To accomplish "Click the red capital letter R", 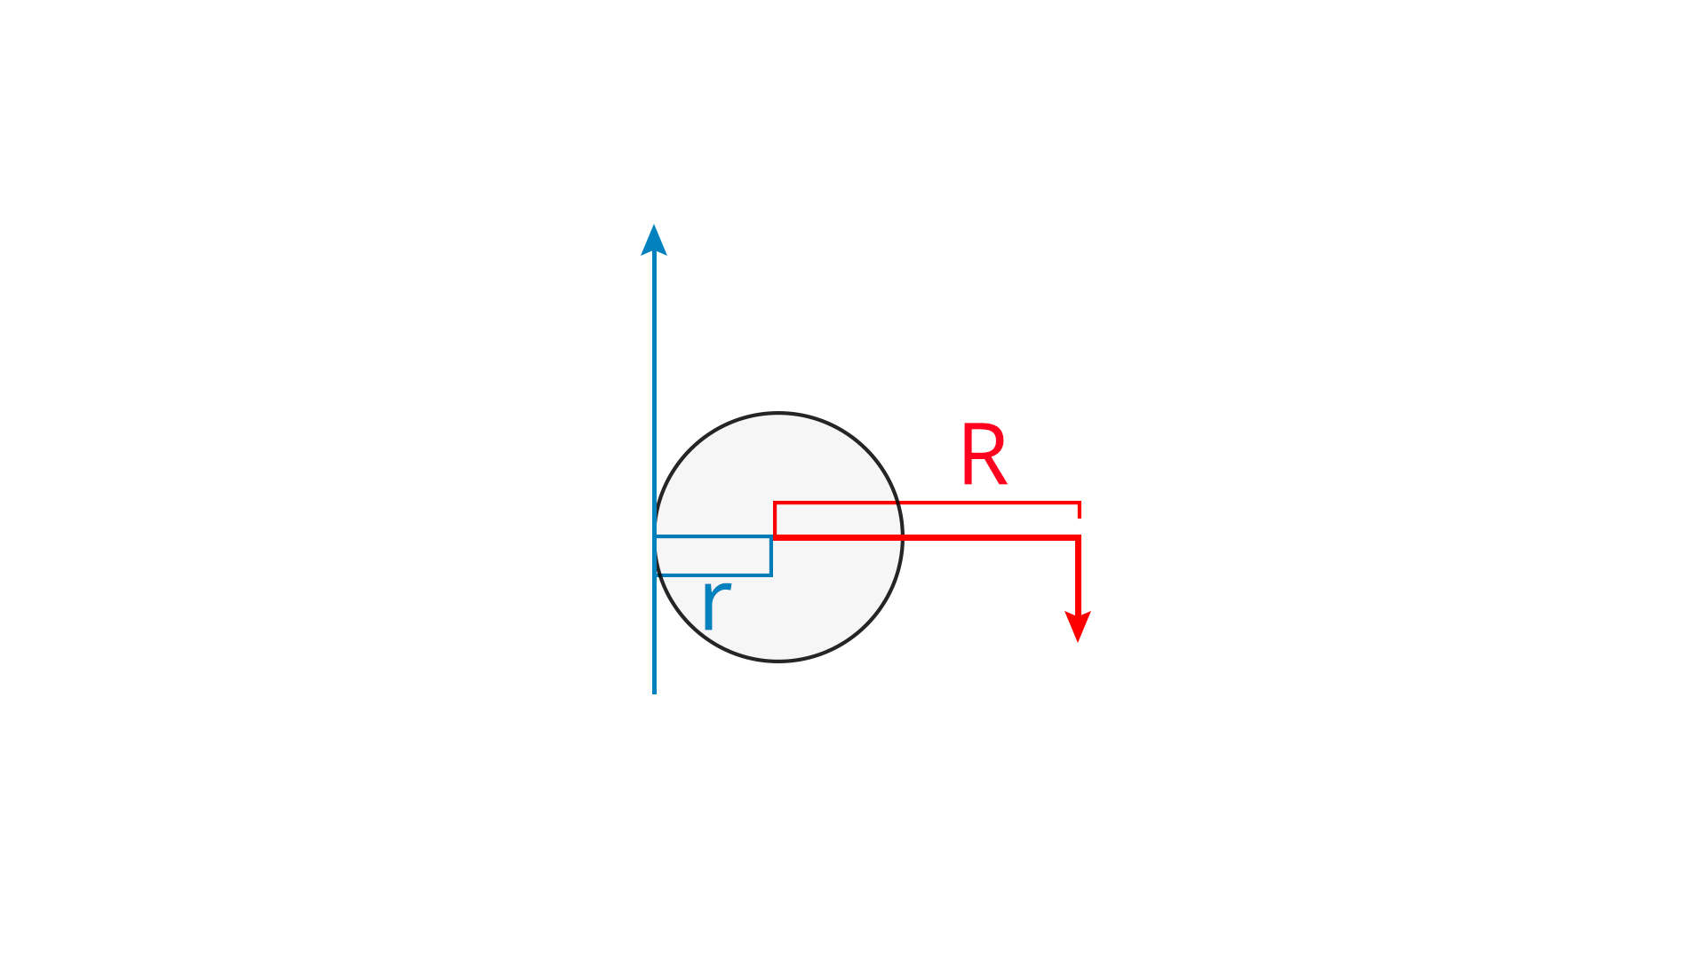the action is point(984,455).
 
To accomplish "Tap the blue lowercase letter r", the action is point(715,604).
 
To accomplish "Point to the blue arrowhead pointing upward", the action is point(654,240).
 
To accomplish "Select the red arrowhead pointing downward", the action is point(1078,626).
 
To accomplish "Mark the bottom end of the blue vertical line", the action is point(654,693).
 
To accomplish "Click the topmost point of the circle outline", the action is point(778,413).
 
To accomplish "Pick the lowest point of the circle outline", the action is point(778,661).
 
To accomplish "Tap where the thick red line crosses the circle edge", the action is point(903,537).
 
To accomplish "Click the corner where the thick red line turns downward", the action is point(1078,537).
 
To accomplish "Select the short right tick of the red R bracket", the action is point(1080,510).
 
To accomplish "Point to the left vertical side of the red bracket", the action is point(775,519).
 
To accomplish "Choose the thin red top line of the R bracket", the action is point(927,503).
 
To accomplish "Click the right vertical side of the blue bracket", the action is point(770,556).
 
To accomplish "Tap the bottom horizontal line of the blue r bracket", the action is point(713,575).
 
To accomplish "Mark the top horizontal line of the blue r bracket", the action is point(713,536).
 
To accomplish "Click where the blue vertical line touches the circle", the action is point(655,537).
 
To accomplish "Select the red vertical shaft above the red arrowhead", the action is point(1078,575).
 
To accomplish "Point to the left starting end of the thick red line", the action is point(775,537).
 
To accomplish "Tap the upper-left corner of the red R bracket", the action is point(775,503).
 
